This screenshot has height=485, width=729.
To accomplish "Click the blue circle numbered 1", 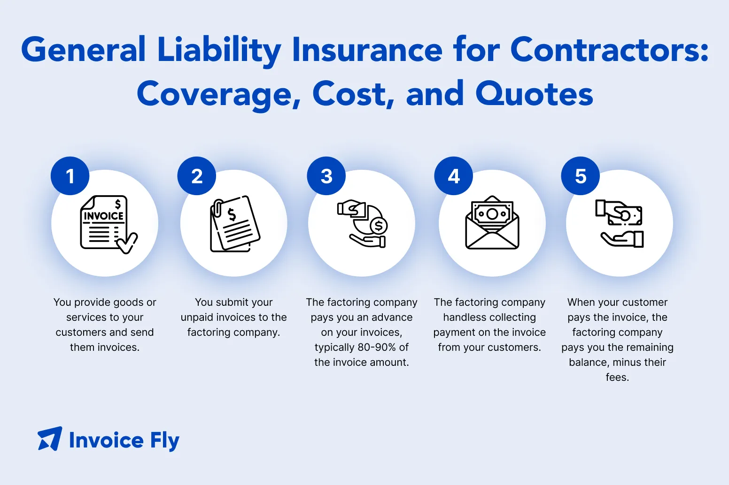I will coord(70,176).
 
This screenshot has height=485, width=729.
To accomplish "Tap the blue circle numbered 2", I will coord(197,176).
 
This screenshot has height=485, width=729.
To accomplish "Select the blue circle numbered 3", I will coord(326,176).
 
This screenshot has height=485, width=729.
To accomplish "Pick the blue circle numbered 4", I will coord(454,176).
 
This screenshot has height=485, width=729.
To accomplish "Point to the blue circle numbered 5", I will coord(581,176).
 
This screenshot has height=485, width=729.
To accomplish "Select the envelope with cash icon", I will coord(492,223).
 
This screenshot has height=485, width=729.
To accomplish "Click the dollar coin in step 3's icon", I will coord(379,226).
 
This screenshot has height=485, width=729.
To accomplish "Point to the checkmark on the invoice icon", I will coord(127,243).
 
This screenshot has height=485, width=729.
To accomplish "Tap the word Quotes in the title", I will coord(534,94).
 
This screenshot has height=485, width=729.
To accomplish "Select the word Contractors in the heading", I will coord(609,49).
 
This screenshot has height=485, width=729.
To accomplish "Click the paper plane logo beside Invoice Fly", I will coord(50,439).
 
